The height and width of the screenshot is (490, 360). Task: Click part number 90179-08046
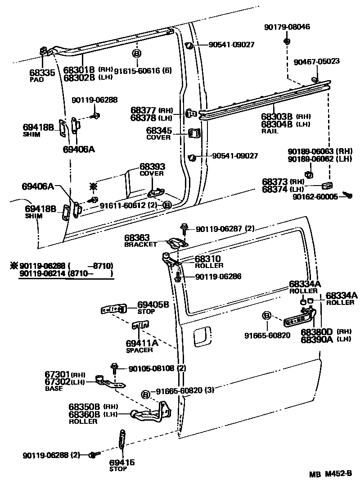pyautogui.click(x=287, y=27)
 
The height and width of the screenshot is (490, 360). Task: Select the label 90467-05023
pyautogui.click(x=316, y=61)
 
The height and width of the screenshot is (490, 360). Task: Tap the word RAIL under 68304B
pyautogui.click(x=270, y=131)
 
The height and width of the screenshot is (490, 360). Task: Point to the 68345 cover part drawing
pyautogui.click(x=195, y=134)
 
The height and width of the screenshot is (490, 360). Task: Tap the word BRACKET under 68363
pyautogui.click(x=140, y=245)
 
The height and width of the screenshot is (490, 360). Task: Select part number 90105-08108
pyautogui.click(x=151, y=368)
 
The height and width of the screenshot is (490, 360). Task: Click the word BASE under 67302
pyautogui.click(x=54, y=389)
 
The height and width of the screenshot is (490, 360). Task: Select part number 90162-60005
pyautogui.click(x=315, y=196)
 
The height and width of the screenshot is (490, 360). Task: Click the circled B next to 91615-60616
pyautogui.click(x=136, y=53)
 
